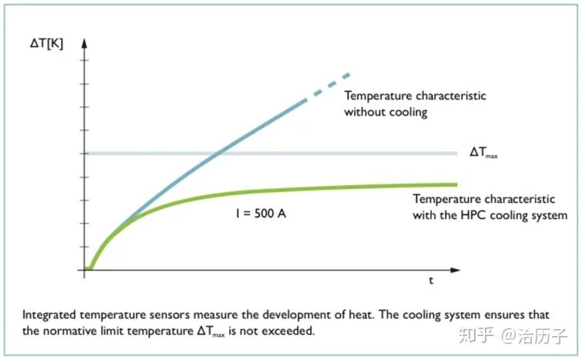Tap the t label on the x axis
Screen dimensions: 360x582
(x=431, y=281)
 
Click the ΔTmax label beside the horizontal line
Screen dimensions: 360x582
(x=483, y=153)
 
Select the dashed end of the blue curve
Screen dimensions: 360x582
(x=333, y=82)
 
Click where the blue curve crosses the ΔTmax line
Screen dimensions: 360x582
(x=218, y=153)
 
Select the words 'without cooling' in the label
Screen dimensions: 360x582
(x=385, y=113)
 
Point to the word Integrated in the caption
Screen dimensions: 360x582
(x=49, y=315)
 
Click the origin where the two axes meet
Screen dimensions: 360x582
(x=86, y=270)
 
